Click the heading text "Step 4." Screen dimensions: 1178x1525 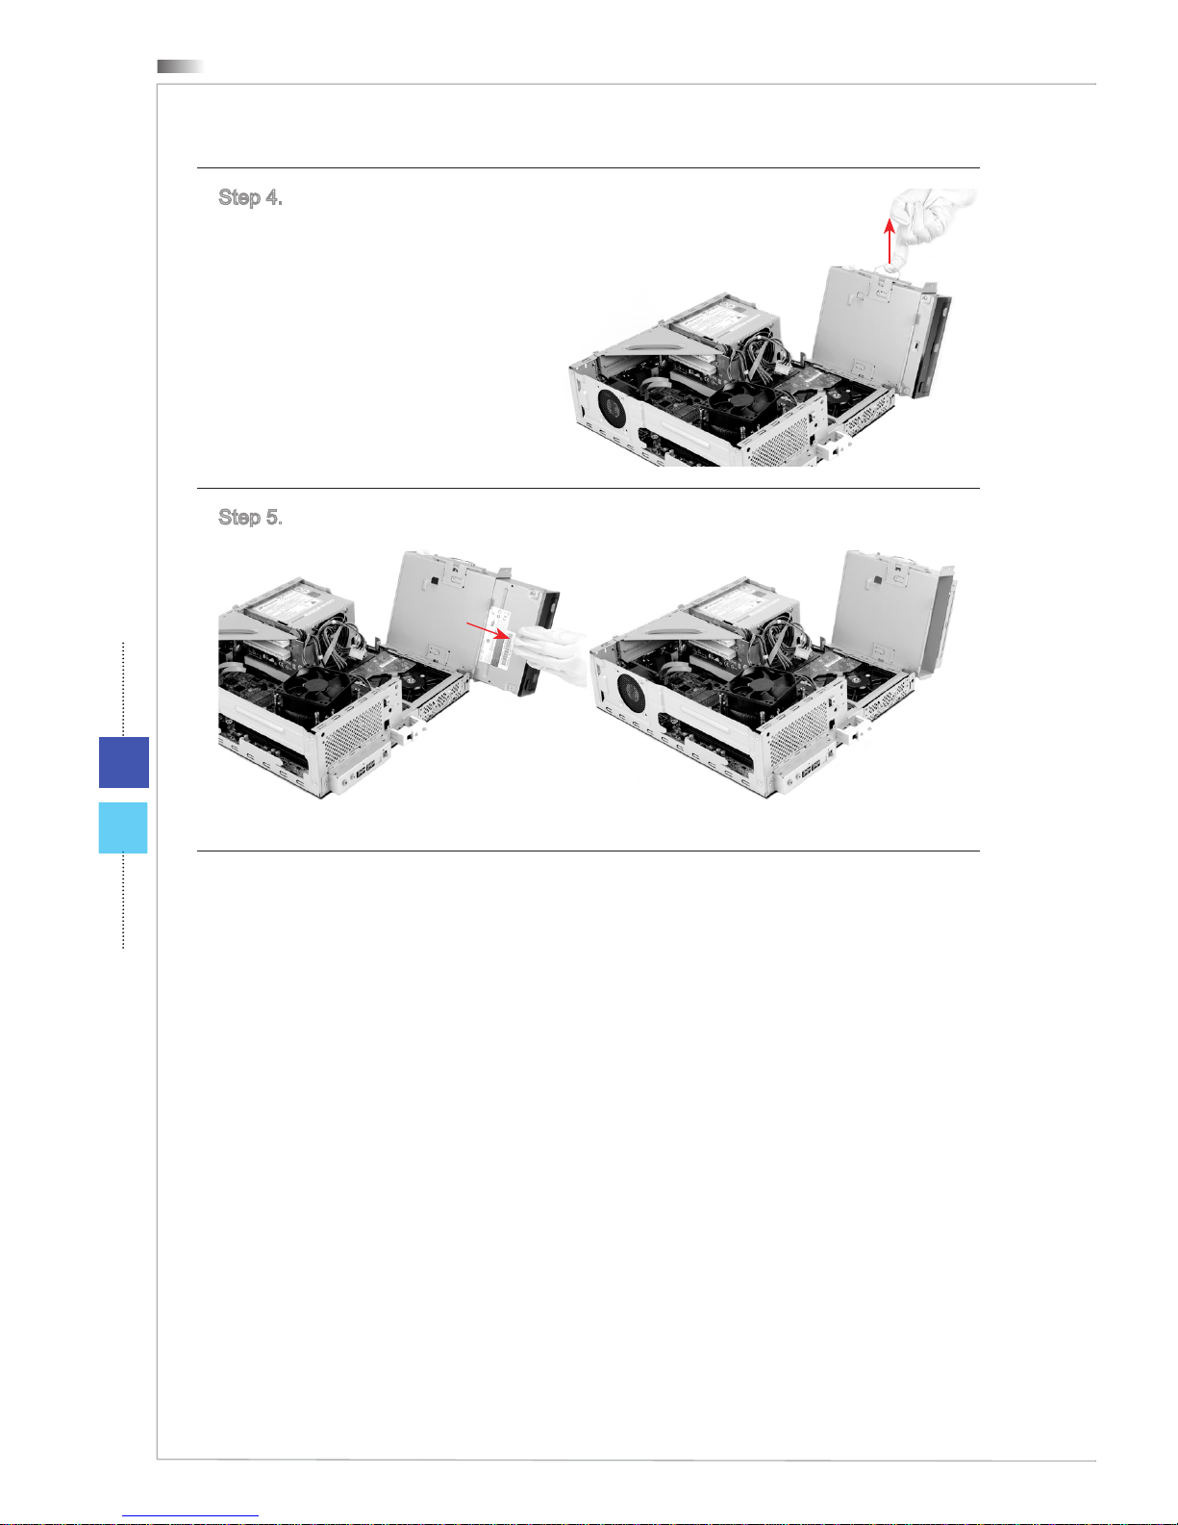pos(250,198)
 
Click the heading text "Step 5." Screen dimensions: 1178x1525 pos(250,518)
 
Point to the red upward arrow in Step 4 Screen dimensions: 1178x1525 pos(890,241)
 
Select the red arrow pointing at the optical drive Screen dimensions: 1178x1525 pos(488,629)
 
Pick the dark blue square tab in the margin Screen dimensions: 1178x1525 pos(124,762)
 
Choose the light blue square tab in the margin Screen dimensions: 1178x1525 pos(123,827)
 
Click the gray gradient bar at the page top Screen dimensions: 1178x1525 pos(180,66)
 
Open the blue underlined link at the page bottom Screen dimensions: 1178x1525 pos(190,1516)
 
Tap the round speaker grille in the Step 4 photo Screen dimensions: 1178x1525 pos(613,408)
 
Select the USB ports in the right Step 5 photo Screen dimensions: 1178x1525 pos(812,772)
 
